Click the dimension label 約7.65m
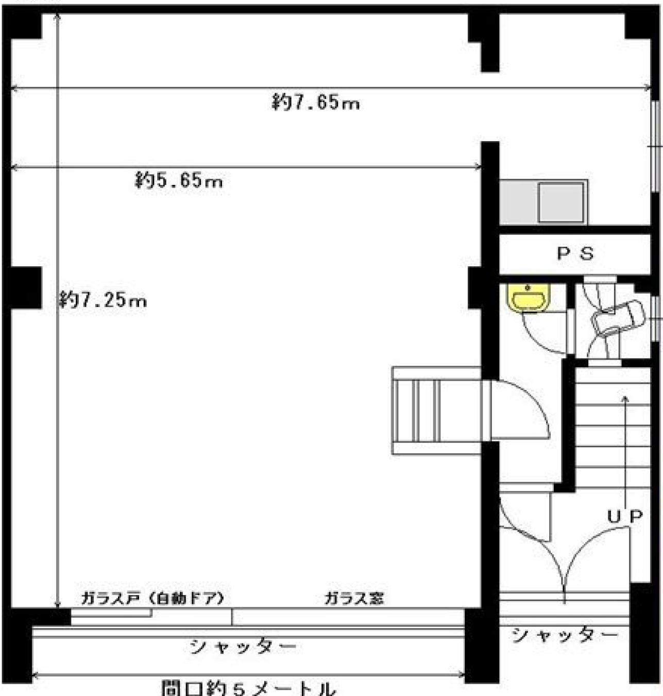(316, 103)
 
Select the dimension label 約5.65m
(179, 180)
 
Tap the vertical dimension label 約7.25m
(103, 300)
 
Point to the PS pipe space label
(575, 253)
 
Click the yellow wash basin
(528, 297)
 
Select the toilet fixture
(617, 317)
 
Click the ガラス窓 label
(354, 598)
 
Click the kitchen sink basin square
(560, 202)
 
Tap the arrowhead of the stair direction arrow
(625, 398)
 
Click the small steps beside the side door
(436, 411)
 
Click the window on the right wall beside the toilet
(657, 318)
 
